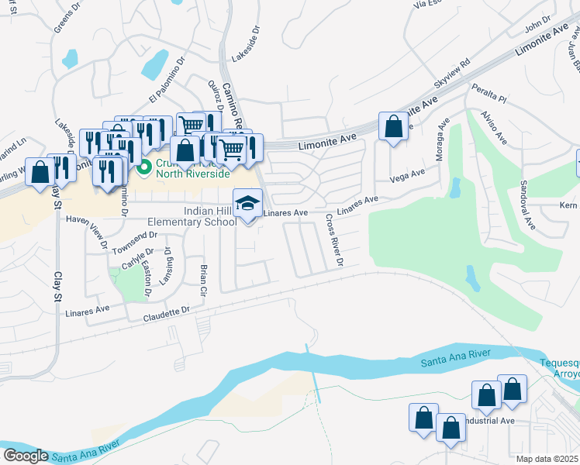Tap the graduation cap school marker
[x=247, y=204]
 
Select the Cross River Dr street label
[x=334, y=239]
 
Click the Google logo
[x=26, y=455]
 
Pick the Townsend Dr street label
[x=135, y=241]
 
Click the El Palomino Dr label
[x=168, y=81]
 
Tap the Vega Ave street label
[x=409, y=176]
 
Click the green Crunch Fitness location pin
[x=143, y=167]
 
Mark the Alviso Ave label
[x=494, y=126]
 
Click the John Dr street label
[x=537, y=23]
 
